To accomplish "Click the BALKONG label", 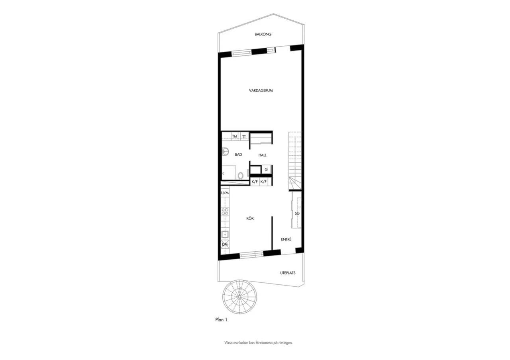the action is click(x=263, y=34).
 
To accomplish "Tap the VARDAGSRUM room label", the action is click(x=261, y=90).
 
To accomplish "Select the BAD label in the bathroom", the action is click(x=238, y=155).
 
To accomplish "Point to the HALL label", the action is click(x=262, y=155).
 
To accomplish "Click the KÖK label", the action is click(x=250, y=219).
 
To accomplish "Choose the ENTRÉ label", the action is click(x=286, y=239).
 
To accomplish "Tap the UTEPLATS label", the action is click(x=288, y=273).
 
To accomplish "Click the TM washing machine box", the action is click(x=235, y=137).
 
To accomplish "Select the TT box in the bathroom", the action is click(x=244, y=137).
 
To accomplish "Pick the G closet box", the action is click(x=266, y=170).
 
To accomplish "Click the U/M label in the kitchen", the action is click(x=225, y=193).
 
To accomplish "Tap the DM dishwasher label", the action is click(x=225, y=245).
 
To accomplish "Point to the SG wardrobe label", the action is click(x=297, y=213).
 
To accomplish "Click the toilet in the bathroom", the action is click(x=240, y=176).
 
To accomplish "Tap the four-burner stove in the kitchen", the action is click(x=225, y=211).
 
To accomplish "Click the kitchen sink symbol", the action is click(x=225, y=235).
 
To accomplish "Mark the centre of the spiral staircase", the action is click(x=239, y=297).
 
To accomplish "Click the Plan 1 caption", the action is click(x=221, y=320).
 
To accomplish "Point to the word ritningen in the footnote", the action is click(x=286, y=349).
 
